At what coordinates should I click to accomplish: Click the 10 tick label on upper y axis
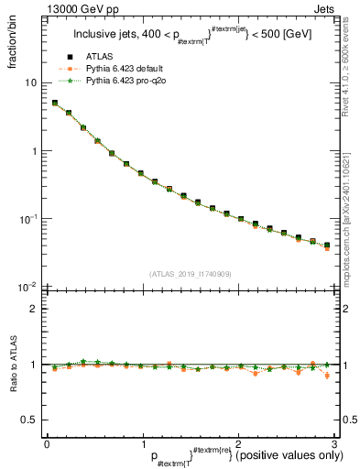click(30, 82)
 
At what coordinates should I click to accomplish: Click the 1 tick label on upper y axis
click(33, 151)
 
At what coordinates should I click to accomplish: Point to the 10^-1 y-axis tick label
click(28, 219)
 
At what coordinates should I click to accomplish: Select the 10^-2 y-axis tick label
click(28, 288)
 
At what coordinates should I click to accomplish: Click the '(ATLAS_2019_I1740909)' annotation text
click(191, 274)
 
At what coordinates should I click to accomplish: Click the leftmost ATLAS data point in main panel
click(55, 104)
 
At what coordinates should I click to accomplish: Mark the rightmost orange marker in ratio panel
click(327, 375)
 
